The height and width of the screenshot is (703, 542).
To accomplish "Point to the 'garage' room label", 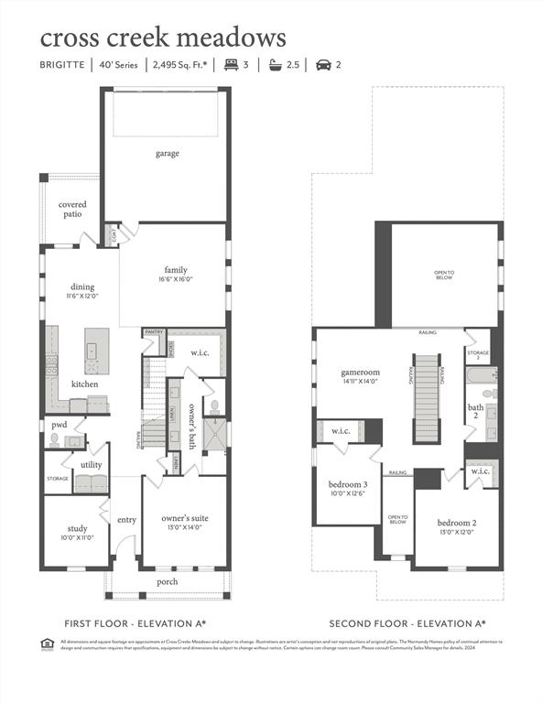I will (x=167, y=154).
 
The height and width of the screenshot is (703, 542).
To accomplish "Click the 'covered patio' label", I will (x=73, y=210).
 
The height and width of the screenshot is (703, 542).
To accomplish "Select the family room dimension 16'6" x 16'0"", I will (x=176, y=280).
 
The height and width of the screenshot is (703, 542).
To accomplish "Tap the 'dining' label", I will (x=82, y=287).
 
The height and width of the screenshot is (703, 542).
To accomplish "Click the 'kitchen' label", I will (x=85, y=384).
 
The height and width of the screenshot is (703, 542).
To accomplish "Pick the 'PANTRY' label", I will (x=154, y=332).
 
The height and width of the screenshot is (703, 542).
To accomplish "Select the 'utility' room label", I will (x=91, y=465).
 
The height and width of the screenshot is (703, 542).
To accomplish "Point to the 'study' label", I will (x=77, y=527).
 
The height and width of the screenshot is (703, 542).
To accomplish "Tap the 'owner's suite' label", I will (x=185, y=518).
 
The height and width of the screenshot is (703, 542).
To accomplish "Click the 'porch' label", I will (x=168, y=581).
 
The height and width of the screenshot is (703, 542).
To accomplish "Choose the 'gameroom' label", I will (x=360, y=373).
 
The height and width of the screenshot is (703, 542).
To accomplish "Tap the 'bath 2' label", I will (x=475, y=411).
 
